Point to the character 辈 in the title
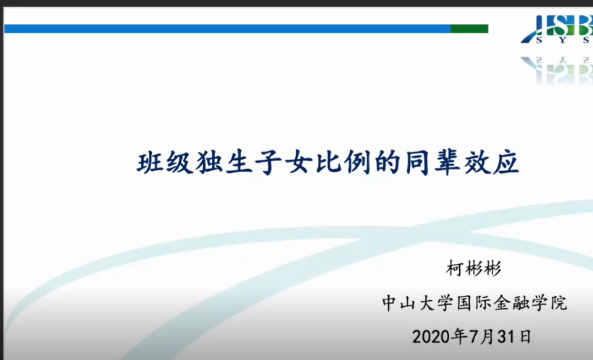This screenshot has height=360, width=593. click(448, 163)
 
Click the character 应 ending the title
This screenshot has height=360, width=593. click(506, 163)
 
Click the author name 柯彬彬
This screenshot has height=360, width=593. click(474, 269)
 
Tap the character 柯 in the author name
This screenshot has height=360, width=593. click(456, 269)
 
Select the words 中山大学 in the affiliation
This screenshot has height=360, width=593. click(417, 304)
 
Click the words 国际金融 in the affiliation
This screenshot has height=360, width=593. click(492, 304)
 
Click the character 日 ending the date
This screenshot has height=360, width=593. click(525, 337)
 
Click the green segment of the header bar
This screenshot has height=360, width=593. click(469, 29)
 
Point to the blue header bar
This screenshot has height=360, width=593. click(227, 29)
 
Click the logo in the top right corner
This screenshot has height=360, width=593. click(557, 30)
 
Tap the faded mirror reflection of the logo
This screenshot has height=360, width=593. click(557, 70)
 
